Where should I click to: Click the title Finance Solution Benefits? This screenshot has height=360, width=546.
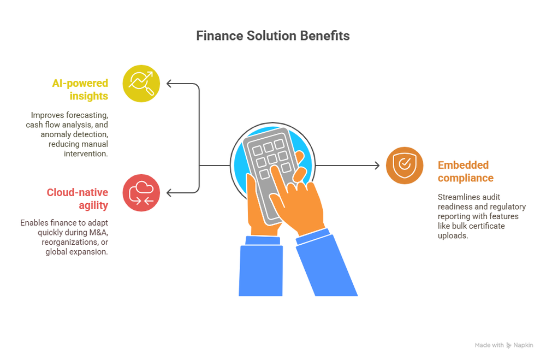(x=272, y=36)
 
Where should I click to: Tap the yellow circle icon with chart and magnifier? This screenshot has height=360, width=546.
(x=141, y=84)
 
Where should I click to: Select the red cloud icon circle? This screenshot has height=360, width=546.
(x=141, y=192)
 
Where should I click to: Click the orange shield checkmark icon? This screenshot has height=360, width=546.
(x=405, y=165)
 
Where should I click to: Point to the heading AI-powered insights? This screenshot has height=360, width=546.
(x=80, y=90)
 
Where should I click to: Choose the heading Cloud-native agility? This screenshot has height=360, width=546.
(x=77, y=198)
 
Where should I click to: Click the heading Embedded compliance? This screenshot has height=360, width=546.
(x=465, y=171)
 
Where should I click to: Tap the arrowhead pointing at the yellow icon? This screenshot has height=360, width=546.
(x=169, y=84)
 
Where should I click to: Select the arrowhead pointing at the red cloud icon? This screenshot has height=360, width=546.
(x=169, y=192)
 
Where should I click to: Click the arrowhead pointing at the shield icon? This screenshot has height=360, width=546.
(x=376, y=165)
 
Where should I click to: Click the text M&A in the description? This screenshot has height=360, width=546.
(x=97, y=232)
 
